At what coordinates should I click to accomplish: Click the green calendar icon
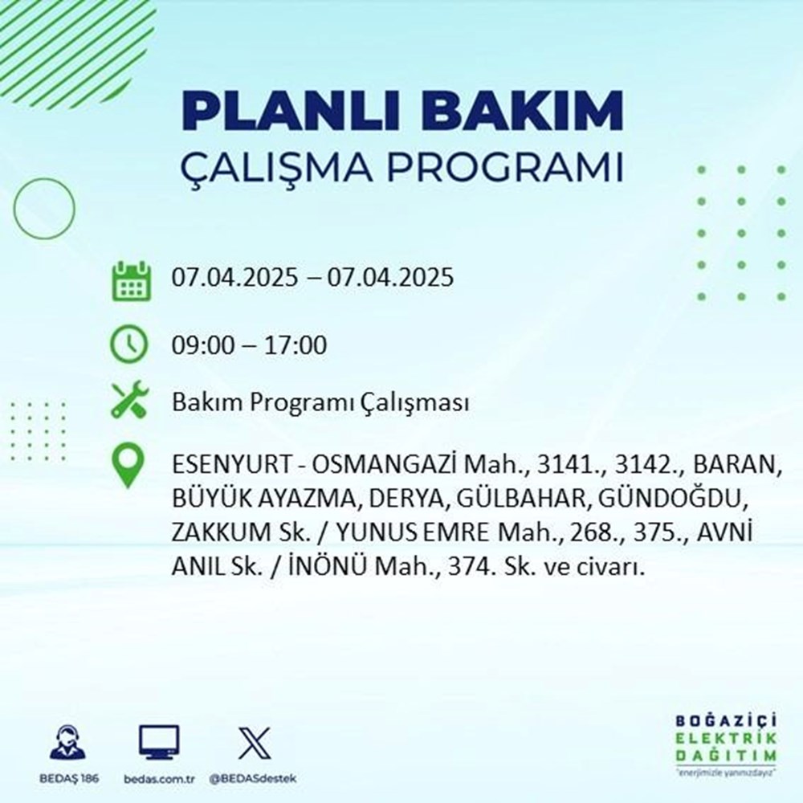130,280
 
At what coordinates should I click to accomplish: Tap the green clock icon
129,345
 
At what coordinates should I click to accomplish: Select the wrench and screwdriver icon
129,401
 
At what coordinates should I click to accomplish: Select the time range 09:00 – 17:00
250,346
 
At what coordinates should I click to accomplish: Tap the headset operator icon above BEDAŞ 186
69,743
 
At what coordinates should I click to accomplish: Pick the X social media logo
254,743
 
